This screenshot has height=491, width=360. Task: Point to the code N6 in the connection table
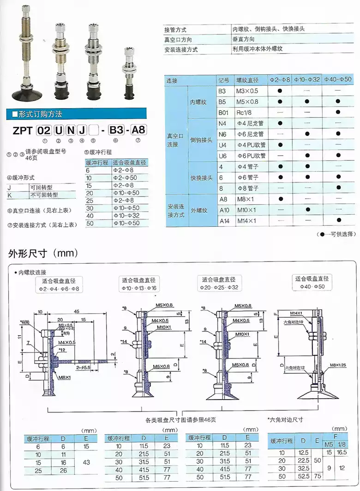[223, 134]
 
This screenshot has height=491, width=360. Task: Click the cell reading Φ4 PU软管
[252, 145]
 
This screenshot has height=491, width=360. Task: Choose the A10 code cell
[224, 210]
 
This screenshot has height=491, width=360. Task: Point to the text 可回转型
[42, 187]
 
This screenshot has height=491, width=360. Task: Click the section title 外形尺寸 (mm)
[42, 253]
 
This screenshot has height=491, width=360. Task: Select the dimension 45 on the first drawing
[76, 311]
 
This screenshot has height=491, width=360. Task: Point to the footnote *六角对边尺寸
[285, 419]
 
